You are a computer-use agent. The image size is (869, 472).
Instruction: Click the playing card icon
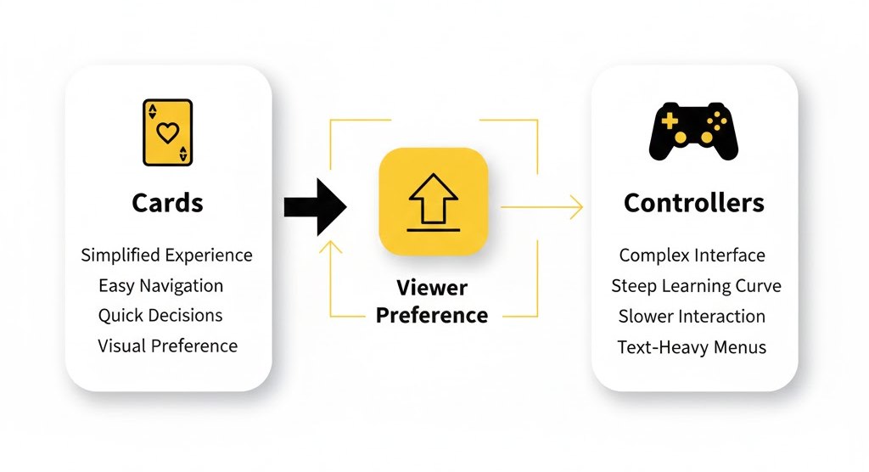pos(168,132)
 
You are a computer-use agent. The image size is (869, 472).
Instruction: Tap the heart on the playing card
pos(168,132)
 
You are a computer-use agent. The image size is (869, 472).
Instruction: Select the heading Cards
pos(168,203)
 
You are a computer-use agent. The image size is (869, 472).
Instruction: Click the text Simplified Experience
pos(167,255)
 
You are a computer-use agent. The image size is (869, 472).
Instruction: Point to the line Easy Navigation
pos(161,285)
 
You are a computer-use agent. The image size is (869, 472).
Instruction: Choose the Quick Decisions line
pos(160,315)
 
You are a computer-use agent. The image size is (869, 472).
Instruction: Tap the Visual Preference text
pos(168,346)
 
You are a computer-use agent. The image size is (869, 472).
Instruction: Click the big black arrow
pos(315,206)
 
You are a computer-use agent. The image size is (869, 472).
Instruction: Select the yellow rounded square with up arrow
pos(433,201)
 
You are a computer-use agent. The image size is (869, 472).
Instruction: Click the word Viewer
pos(432,287)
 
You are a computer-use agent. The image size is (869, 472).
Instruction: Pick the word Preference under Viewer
pos(432,316)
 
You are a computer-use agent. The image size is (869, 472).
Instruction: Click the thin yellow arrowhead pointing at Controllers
pos(577,206)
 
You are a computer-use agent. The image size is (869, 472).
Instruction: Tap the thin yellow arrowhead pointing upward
pos(330,247)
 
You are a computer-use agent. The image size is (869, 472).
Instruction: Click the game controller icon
pos(693,132)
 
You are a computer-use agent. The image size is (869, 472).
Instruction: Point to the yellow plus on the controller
pos(670,121)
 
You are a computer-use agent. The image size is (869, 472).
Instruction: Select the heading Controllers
pos(693,203)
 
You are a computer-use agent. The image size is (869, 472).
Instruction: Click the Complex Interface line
pos(692,255)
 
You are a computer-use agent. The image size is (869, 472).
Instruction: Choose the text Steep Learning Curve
pos(696,285)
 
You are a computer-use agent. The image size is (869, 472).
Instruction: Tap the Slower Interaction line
pos(692,316)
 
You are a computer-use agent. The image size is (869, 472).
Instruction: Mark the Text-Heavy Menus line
pos(692,346)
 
